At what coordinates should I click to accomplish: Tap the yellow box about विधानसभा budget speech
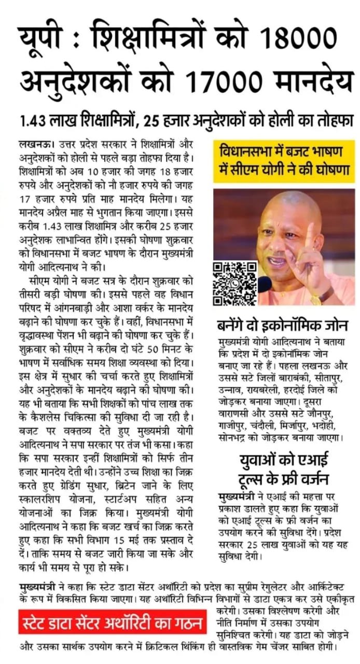click(284, 163)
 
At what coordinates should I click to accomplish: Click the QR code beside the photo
click(235, 283)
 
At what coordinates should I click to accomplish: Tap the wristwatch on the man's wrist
click(321, 298)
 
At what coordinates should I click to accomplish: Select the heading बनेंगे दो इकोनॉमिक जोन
click(283, 326)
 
